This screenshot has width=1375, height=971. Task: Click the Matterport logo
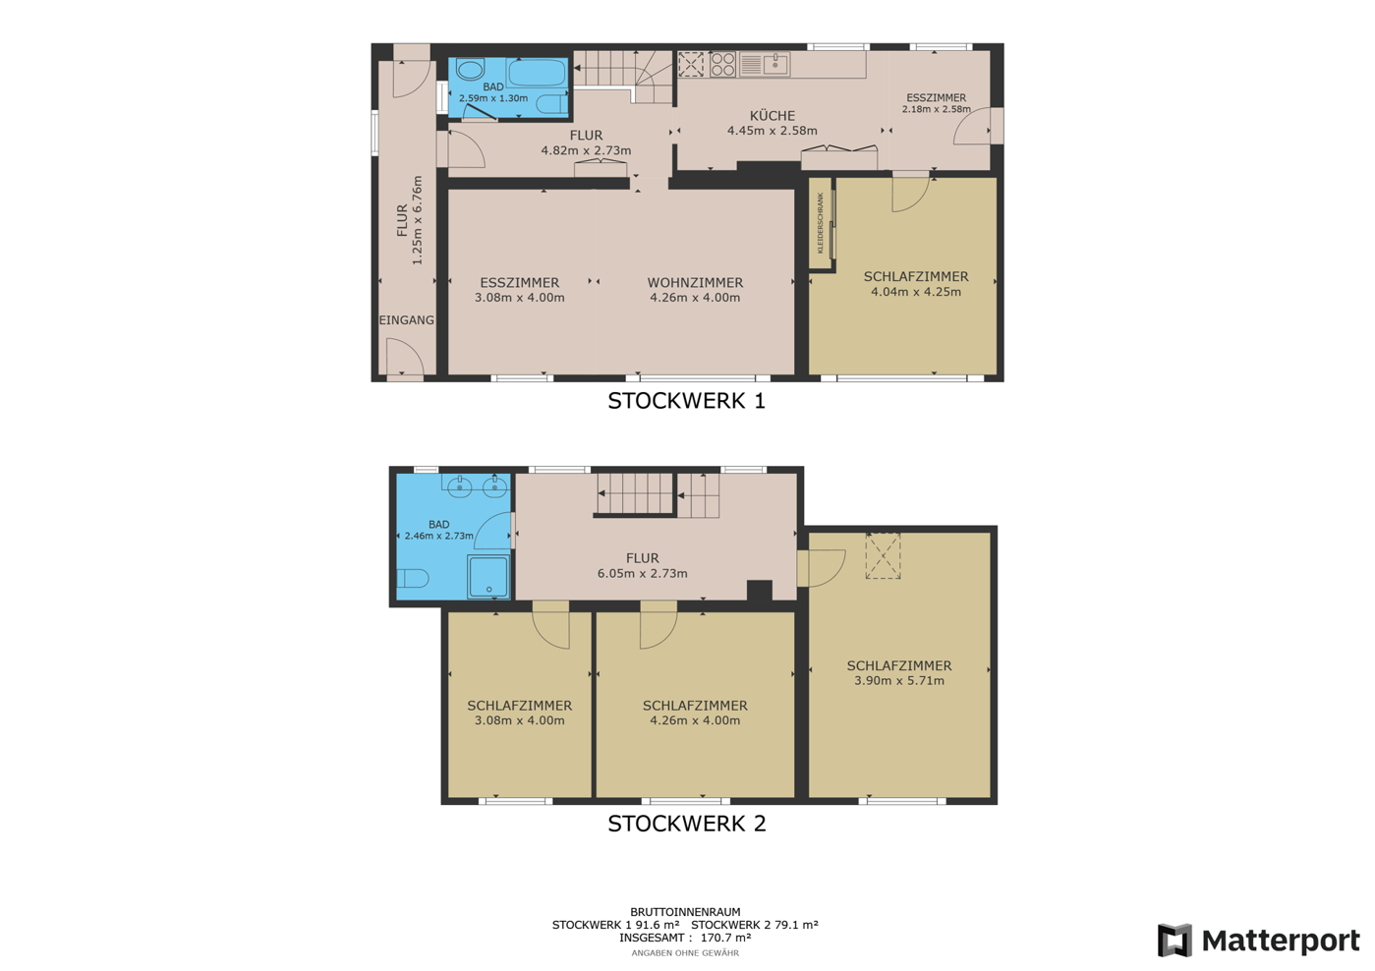(x=1258, y=940)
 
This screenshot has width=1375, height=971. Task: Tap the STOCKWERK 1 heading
(x=686, y=401)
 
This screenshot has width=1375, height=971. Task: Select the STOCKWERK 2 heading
(x=687, y=823)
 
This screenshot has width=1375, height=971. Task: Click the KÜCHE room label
(x=773, y=115)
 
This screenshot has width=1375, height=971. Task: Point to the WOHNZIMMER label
(x=695, y=283)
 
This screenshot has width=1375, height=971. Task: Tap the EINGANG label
(x=406, y=319)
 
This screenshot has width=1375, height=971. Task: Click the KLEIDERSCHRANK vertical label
(x=820, y=223)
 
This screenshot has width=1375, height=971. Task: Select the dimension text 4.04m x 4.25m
(x=916, y=292)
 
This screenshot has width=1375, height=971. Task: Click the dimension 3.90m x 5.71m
(x=899, y=680)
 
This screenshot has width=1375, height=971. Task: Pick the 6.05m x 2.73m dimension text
(x=642, y=573)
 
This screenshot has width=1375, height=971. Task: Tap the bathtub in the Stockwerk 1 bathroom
(x=537, y=73)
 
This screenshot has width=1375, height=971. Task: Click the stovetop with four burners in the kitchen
(x=723, y=64)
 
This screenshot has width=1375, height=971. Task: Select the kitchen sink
(x=775, y=64)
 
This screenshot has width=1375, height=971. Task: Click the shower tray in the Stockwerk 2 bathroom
(x=488, y=576)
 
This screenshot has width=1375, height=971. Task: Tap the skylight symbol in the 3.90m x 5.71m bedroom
(x=883, y=555)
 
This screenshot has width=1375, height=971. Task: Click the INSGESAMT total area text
(x=685, y=938)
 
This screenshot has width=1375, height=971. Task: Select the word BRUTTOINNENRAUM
(x=685, y=911)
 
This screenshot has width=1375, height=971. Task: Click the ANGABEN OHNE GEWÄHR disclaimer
(x=685, y=953)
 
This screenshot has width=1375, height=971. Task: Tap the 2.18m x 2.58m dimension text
(x=936, y=109)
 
